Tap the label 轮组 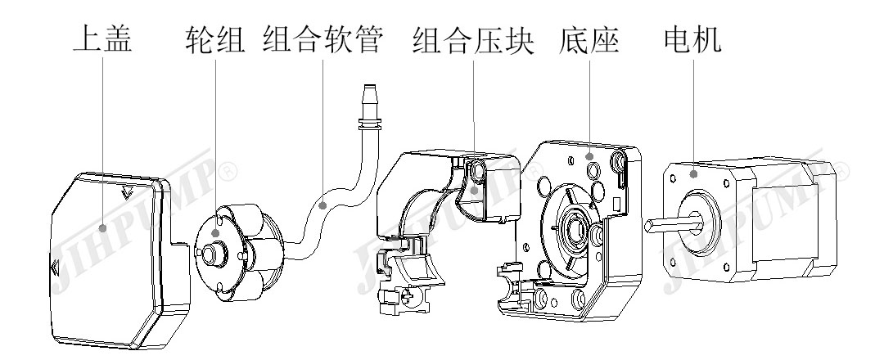pyautogui.click(x=215, y=38)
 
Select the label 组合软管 pyautogui.click(x=323, y=38)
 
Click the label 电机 pyautogui.click(x=692, y=38)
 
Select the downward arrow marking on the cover pyautogui.click(x=125, y=194)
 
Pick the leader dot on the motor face pyautogui.click(x=693, y=172)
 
